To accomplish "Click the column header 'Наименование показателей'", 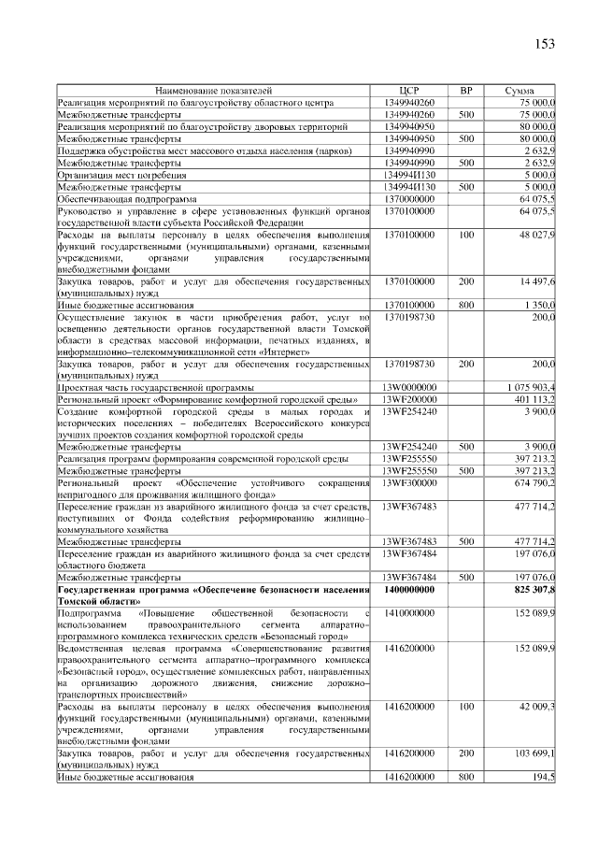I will click(213, 90).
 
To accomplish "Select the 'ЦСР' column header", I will click(409, 90).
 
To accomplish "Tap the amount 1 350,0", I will click(539, 305).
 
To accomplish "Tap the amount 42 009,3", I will click(536, 707).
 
